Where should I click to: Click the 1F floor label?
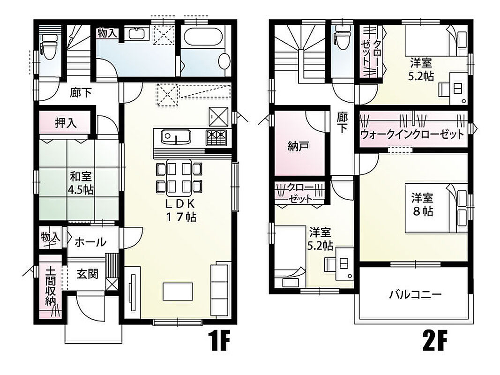(219, 341)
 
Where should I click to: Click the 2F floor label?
(434, 341)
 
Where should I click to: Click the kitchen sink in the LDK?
(176, 136)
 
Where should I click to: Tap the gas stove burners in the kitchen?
(216, 138)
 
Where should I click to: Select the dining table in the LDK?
(179, 177)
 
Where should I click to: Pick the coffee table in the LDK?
(178, 292)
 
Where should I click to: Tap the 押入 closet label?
(66, 123)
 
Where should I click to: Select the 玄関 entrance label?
(87, 274)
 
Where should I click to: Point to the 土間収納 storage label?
(51, 286)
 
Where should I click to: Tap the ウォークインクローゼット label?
(412, 134)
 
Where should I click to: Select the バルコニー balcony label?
(415, 294)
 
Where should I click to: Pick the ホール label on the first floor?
(90, 242)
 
